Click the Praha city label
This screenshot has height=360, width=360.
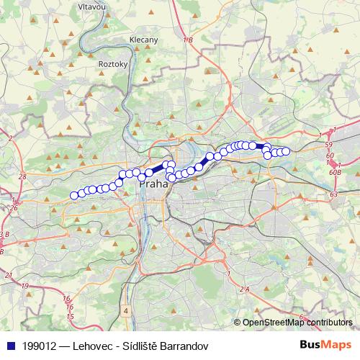point(153,184)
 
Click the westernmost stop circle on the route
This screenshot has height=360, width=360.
point(73,195)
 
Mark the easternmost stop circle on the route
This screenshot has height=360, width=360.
point(286,151)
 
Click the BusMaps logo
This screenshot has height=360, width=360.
point(325,344)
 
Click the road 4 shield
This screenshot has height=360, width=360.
point(125,312)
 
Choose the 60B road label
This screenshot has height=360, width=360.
point(335,172)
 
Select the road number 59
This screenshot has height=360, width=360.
point(328,145)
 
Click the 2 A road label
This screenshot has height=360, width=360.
point(244,289)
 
